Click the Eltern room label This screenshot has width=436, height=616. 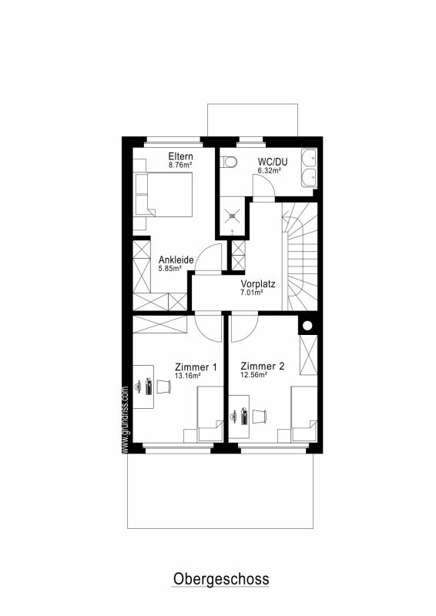tap(180, 156)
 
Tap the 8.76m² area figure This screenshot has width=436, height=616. tap(180, 165)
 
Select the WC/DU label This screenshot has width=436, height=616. tap(273, 162)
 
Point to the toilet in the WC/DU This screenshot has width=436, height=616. tap(229, 162)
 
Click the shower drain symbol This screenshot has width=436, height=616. tap(233, 215)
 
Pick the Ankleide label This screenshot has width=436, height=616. tap(176, 259)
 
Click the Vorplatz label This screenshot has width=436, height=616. tap(258, 283)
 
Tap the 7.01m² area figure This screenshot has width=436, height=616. tap(252, 293)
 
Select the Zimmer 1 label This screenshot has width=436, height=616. tap(196, 367)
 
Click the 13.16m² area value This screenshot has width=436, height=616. tap(188, 376)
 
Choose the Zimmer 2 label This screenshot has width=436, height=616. tap(262, 367)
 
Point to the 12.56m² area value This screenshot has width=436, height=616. tap(254, 375)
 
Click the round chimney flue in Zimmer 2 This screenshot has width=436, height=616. tap(307, 326)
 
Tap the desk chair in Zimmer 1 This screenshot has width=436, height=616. tap(164, 387)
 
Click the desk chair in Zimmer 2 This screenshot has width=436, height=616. tap(260, 417)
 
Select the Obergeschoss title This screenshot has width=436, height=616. tap(221, 579)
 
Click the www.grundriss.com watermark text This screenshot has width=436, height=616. tap(126, 420)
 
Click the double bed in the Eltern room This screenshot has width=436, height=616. tap(164, 195)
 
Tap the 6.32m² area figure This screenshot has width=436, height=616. tap(270, 170)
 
